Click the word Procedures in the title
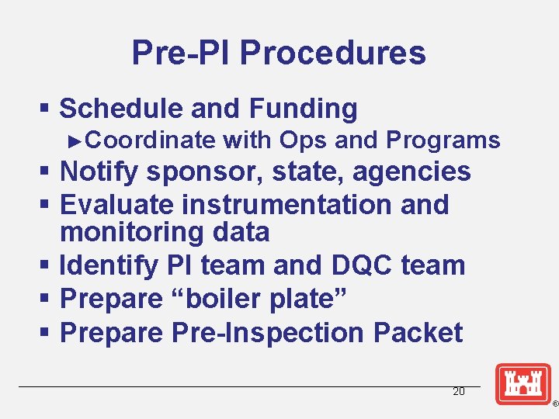(x=332, y=53)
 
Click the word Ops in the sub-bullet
(x=304, y=140)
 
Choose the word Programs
(x=443, y=140)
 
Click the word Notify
(x=98, y=171)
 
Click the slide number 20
(x=458, y=392)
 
